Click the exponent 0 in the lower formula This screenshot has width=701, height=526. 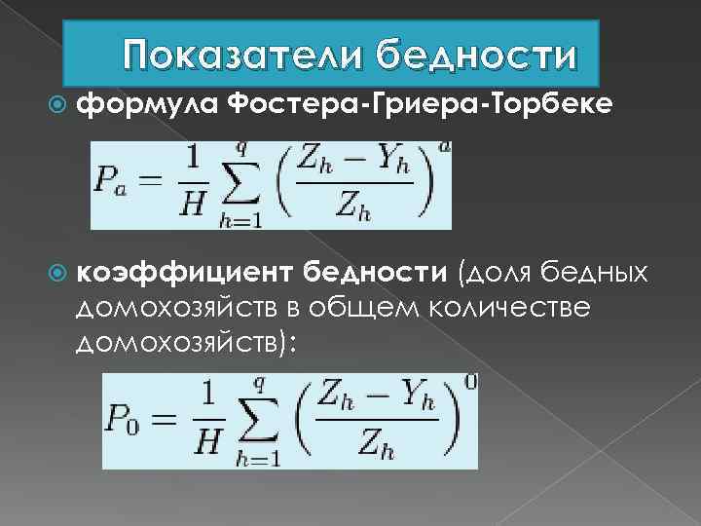(x=470, y=383)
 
